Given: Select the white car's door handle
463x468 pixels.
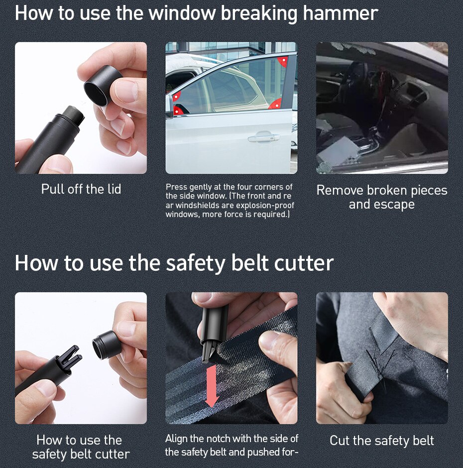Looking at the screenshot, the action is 263,137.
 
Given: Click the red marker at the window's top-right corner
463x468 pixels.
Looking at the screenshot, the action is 283,61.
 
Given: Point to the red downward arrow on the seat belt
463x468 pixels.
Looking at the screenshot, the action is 212,386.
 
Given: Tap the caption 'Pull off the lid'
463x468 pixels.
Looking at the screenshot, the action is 81,189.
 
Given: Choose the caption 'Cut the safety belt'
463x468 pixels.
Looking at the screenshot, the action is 382,441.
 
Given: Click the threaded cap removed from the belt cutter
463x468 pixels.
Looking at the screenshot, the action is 107,345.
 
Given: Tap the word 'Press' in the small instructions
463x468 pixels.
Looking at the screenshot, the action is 177,187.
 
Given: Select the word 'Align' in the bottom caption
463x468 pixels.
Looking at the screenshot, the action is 176,439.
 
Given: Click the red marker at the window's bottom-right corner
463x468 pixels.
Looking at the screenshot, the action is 275,104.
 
